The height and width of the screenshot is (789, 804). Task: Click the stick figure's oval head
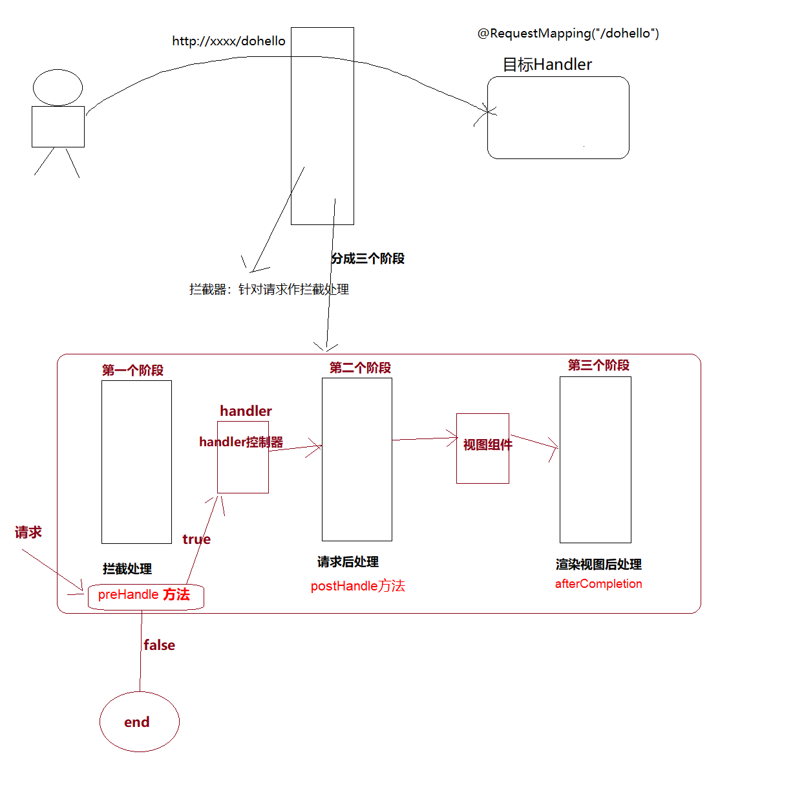58,87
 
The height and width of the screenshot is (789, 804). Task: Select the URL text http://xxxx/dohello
228,41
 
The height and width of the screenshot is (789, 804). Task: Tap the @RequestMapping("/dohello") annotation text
568,34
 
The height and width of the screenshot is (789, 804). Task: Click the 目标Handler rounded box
558,118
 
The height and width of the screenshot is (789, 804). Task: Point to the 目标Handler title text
547,65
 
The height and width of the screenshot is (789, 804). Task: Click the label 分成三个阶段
368,259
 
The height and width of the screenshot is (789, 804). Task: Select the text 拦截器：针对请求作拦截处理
269,289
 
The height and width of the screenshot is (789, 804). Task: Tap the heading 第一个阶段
132,371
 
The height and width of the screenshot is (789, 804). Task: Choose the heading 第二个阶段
360,368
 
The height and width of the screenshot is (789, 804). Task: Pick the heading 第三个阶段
598,365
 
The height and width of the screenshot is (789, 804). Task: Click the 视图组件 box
483,448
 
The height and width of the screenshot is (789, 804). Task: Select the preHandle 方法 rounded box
145,596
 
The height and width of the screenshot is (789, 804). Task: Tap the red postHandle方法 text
357,586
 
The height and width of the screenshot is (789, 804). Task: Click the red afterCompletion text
598,584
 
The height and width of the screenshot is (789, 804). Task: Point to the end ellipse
139,722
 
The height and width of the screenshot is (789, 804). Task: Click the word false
159,645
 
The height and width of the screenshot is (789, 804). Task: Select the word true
196,539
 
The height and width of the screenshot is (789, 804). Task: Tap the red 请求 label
28,532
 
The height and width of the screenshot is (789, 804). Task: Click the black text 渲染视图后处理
598,565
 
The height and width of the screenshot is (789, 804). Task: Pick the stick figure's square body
58,127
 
